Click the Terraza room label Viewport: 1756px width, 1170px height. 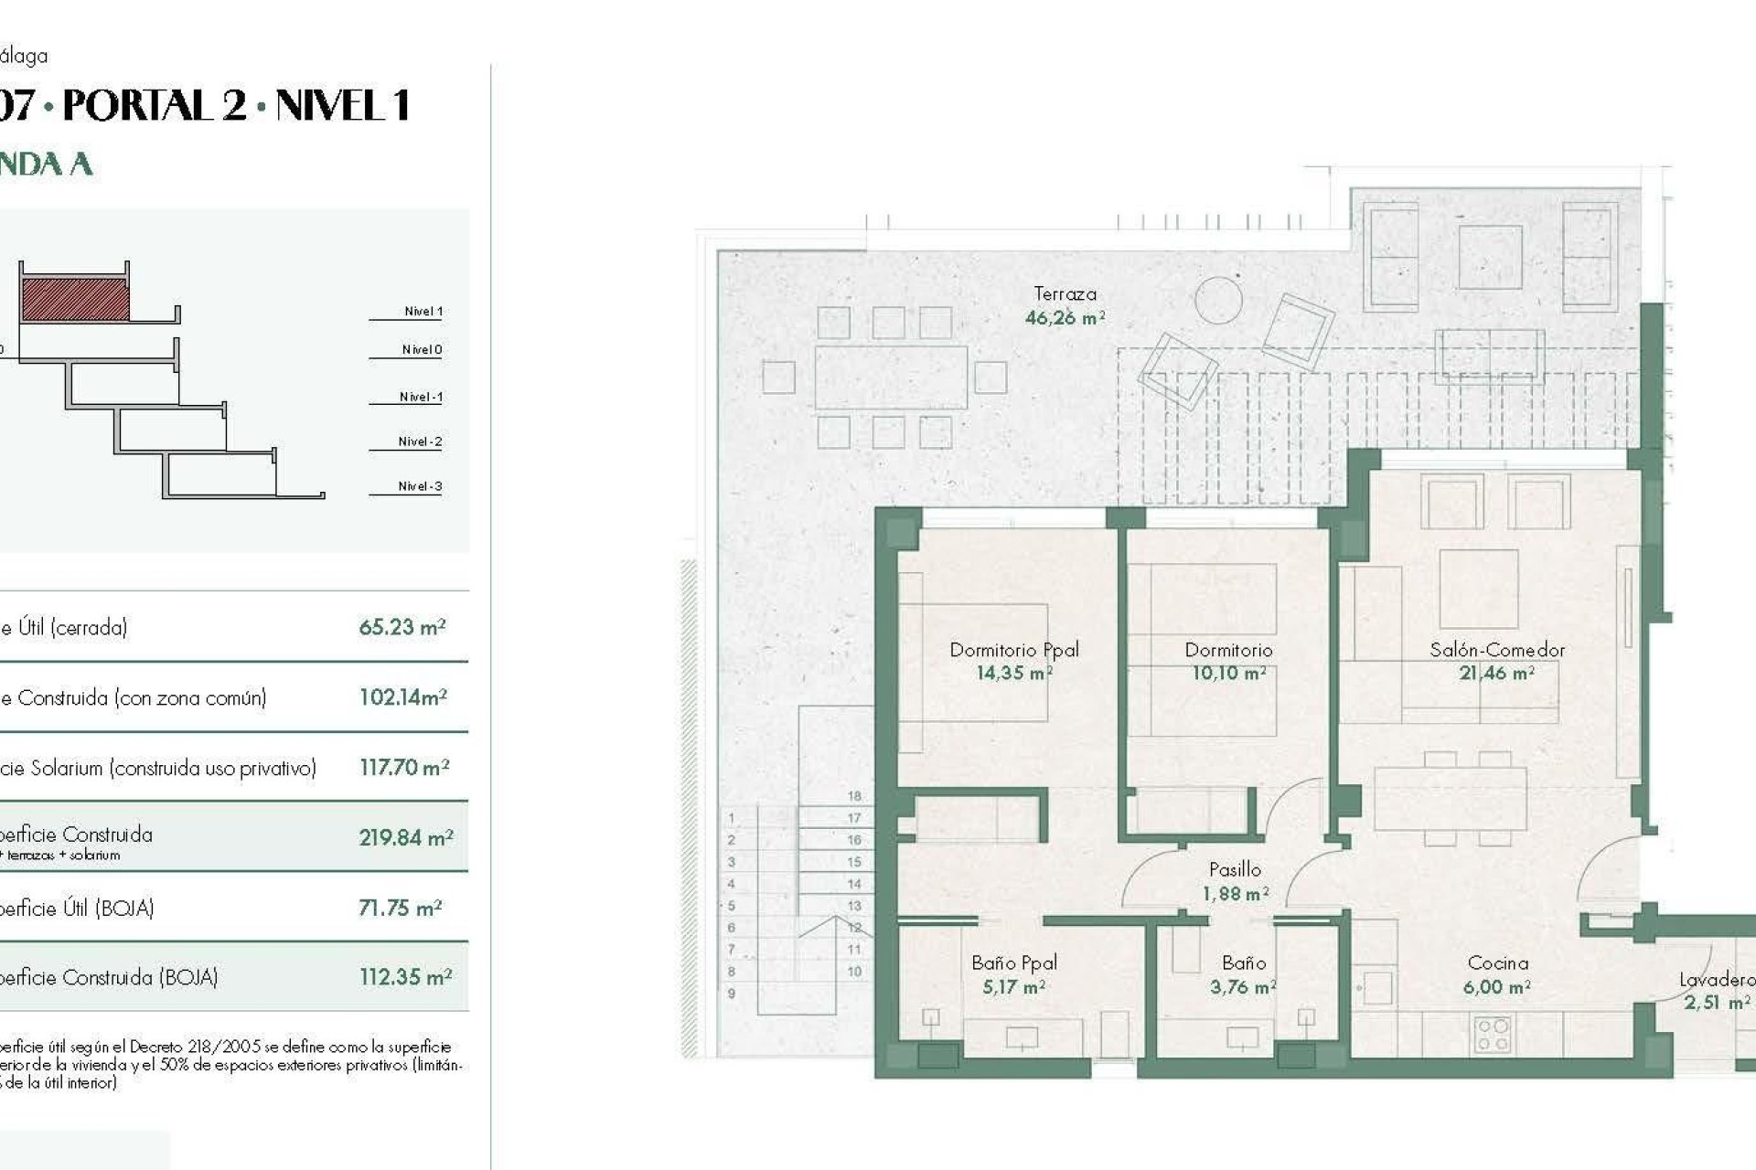(x=1065, y=294)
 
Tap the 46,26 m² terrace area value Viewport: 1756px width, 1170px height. (x=1065, y=318)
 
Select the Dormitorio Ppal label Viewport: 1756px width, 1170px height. (x=1014, y=650)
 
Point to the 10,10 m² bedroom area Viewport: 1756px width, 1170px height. (x=1228, y=674)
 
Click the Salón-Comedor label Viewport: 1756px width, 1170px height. (x=1497, y=650)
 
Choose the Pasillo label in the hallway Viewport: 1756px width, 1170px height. (x=1235, y=869)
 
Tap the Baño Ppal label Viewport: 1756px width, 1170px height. (x=1014, y=963)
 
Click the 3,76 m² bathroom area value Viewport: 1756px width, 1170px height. (x=1242, y=987)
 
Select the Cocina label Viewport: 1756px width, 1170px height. (x=1497, y=963)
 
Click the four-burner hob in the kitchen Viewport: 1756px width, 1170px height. (x=1493, y=1035)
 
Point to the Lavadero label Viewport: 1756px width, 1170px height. (x=1716, y=980)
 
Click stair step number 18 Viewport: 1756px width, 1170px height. (x=854, y=796)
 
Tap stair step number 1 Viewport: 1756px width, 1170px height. (x=731, y=818)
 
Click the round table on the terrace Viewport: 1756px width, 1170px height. (x=1218, y=300)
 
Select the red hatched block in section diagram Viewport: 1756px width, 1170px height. (x=75, y=300)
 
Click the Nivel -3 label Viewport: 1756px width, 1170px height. (x=420, y=486)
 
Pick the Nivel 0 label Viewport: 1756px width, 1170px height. (x=422, y=349)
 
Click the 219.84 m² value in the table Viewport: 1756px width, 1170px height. (x=405, y=837)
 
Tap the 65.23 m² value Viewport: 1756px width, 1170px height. (x=402, y=627)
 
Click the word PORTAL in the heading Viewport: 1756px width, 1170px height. (x=155, y=106)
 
